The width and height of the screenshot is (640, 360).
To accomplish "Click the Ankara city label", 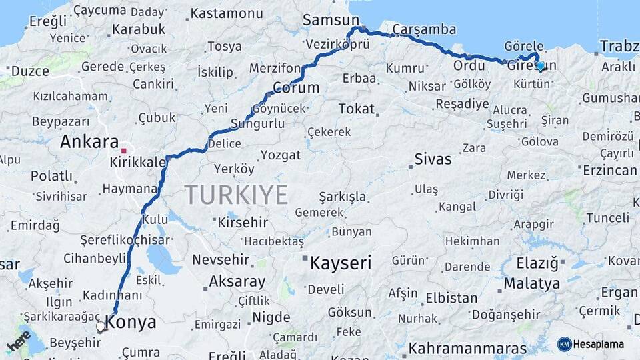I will click(x=89, y=142).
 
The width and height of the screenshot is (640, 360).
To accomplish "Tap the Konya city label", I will click(x=131, y=323).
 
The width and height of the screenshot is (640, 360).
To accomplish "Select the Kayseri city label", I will click(x=340, y=263).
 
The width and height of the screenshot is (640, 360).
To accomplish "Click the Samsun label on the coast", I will click(x=331, y=20).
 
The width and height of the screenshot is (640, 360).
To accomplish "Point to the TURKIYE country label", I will click(x=236, y=195).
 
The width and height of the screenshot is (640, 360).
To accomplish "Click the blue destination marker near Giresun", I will click(x=540, y=65).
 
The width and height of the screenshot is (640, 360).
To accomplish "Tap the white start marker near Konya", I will click(x=101, y=327).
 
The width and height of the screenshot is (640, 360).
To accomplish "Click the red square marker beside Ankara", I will click(x=123, y=141).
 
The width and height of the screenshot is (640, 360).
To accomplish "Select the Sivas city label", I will click(x=433, y=159).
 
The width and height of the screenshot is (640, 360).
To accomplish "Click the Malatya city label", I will click(x=531, y=284).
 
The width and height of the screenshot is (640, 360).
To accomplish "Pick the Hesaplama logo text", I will click(x=599, y=344).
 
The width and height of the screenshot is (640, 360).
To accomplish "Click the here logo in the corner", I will click(x=19, y=340).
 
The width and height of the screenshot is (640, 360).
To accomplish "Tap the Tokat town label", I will click(x=357, y=109).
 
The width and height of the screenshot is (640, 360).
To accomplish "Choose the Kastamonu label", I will click(x=227, y=13).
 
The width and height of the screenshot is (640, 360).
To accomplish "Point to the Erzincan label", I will click(x=609, y=171).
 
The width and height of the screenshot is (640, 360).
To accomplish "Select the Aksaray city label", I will click(x=237, y=282).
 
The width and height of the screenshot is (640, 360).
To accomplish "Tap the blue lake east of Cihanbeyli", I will click(x=160, y=255).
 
